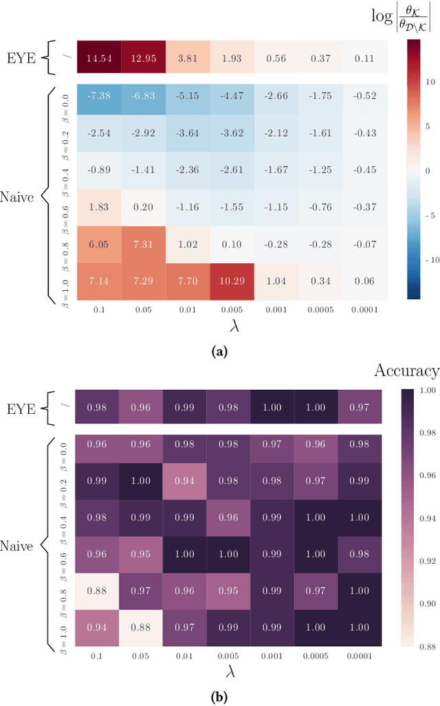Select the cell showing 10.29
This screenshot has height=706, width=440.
[231, 281]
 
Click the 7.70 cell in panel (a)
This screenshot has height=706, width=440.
[187, 281]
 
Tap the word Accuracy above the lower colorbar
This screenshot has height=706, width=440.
[406, 371]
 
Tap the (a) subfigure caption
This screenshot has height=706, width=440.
[219, 351]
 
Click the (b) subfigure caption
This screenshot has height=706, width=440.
[219, 696]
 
